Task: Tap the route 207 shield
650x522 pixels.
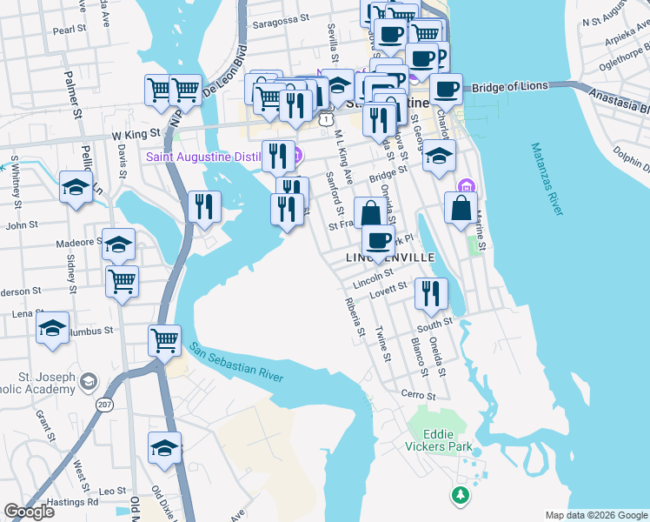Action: (105, 404)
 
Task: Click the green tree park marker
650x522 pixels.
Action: (459, 495)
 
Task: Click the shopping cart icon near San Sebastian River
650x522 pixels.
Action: (164, 341)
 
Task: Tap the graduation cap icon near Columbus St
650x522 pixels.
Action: (53, 329)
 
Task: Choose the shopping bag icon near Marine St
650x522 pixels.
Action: (461, 208)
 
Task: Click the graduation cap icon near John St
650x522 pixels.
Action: (76, 187)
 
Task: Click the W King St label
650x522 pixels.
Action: (136, 135)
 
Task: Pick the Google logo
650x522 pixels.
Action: (29, 511)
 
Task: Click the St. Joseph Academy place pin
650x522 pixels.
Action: (89, 381)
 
